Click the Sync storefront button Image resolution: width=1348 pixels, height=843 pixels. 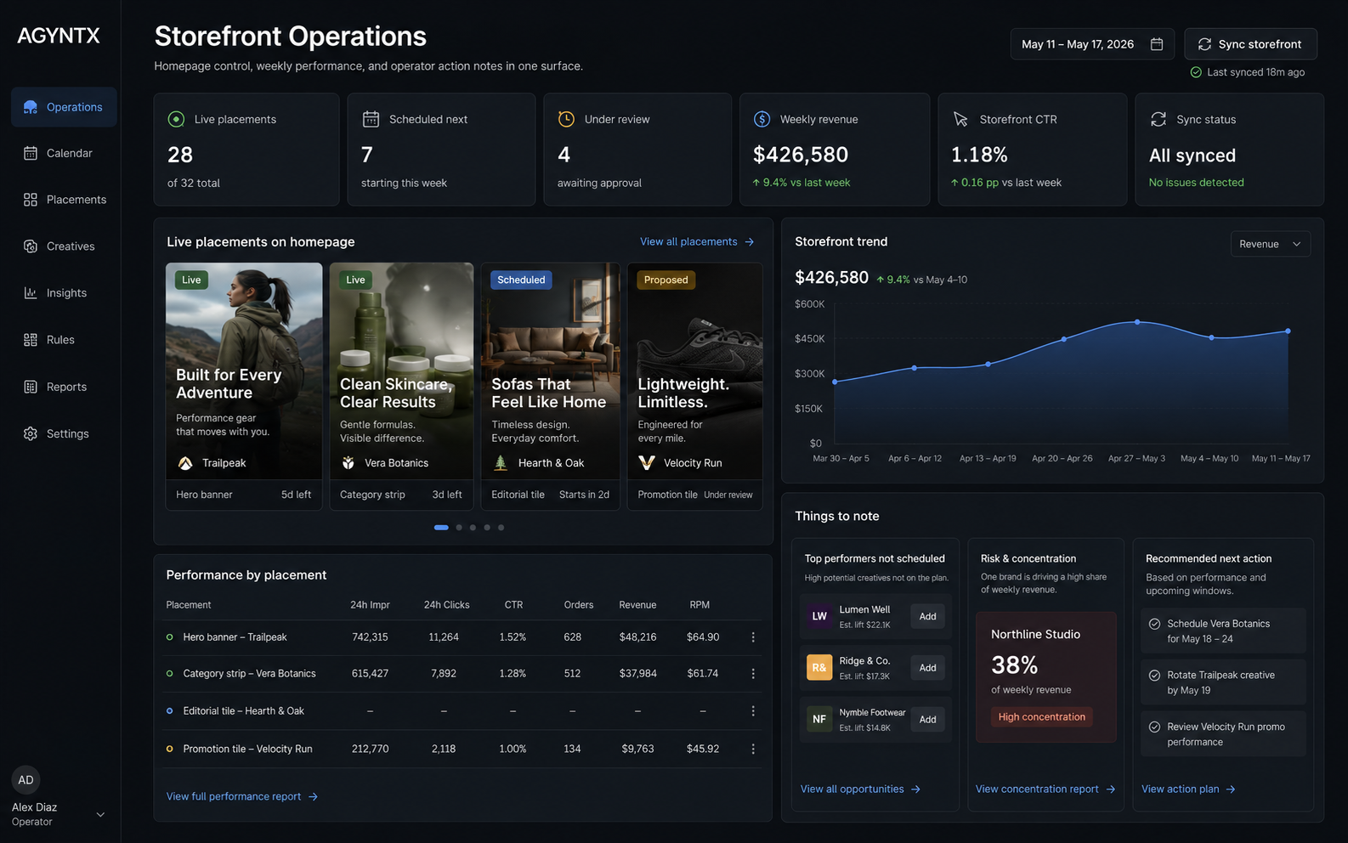(1250, 44)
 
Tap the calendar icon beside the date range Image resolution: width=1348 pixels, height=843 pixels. (1156, 44)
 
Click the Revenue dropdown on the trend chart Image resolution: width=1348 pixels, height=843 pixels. (1271, 244)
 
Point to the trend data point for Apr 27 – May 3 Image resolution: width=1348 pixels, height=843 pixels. (1136, 323)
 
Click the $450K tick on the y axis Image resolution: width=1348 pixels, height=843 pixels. (809, 339)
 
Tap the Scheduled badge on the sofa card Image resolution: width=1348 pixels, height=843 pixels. (521, 280)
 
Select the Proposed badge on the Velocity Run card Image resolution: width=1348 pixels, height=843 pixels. (666, 280)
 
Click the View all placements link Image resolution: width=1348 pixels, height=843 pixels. (697, 242)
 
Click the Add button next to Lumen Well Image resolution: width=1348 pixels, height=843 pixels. (927, 616)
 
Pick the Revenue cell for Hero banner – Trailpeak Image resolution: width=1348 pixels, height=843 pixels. (638, 637)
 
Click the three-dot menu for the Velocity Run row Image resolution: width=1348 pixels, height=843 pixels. (753, 750)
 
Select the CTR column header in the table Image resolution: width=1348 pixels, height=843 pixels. (513, 605)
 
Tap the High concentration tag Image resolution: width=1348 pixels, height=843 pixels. (1042, 716)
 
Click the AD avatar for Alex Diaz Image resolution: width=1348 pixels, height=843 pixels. (25, 780)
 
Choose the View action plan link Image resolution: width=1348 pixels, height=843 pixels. (1188, 789)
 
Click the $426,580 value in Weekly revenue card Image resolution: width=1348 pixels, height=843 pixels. (801, 155)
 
